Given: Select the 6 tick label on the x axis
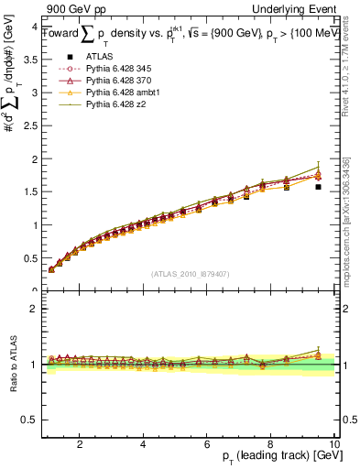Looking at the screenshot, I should (207, 443).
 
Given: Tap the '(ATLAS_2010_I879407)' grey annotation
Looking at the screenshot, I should (191, 275).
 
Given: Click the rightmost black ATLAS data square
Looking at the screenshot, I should (318, 187).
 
